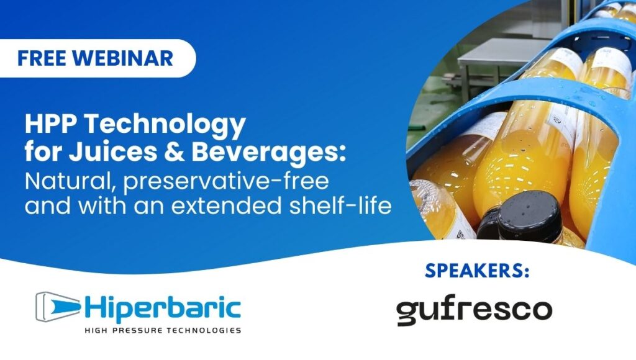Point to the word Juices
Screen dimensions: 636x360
(x=112, y=151)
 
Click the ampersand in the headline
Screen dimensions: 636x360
(x=174, y=151)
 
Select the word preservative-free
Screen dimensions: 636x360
(x=226, y=182)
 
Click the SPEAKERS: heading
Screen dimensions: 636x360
(x=477, y=271)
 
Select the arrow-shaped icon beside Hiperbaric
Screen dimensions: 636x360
(x=58, y=307)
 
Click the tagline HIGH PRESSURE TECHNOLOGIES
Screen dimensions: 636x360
(x=163, y=330)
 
